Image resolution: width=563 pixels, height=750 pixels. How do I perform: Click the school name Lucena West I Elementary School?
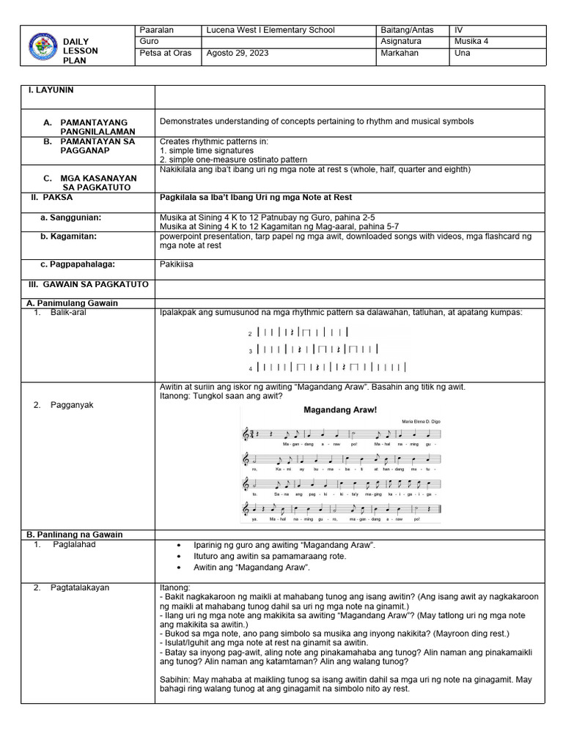click(x=271, y=30)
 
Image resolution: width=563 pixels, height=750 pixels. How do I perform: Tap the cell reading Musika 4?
click(x=471, y=41)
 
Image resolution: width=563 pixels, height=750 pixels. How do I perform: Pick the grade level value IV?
click(x=459, y=30)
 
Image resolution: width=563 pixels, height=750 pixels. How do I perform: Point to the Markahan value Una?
click(x=463, y=53)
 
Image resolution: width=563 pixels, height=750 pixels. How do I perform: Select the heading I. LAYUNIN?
click(x=51, y=90)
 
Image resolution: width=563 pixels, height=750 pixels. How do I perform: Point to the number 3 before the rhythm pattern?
click(x=250, y=351)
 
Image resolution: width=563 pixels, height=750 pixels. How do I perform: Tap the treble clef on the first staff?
click(x=246, y=435)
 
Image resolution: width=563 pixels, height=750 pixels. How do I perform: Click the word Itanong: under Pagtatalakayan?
click(x=175, y=587)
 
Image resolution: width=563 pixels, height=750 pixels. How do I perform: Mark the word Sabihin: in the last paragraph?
click(x=175, y=680)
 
